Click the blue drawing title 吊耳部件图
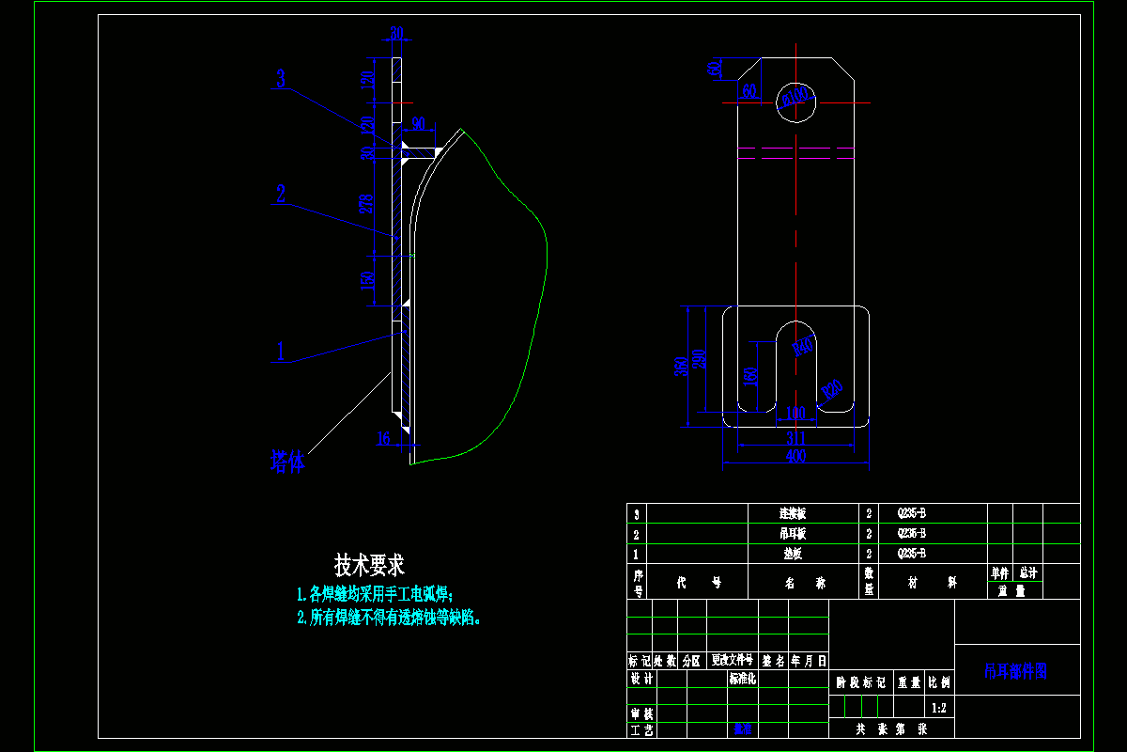click(1015, 671)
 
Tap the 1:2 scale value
click(938, 707)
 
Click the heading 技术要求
click(369, 566)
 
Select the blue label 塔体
click(286, 462)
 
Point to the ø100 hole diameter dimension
click(795, 96)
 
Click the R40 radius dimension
click(803, 347)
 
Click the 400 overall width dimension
click(795, 456)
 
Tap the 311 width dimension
click(795, 437)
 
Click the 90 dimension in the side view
click(418, 123)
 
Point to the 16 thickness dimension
click(382, 437)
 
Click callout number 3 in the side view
click(281, 78)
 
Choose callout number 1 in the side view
click(279, 352)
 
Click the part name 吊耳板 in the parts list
click(793, 533)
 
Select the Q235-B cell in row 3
click(911, 514)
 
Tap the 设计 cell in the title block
click(641, 679)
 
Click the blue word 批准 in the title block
click(743, 728)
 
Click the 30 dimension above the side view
click(396, 34)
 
